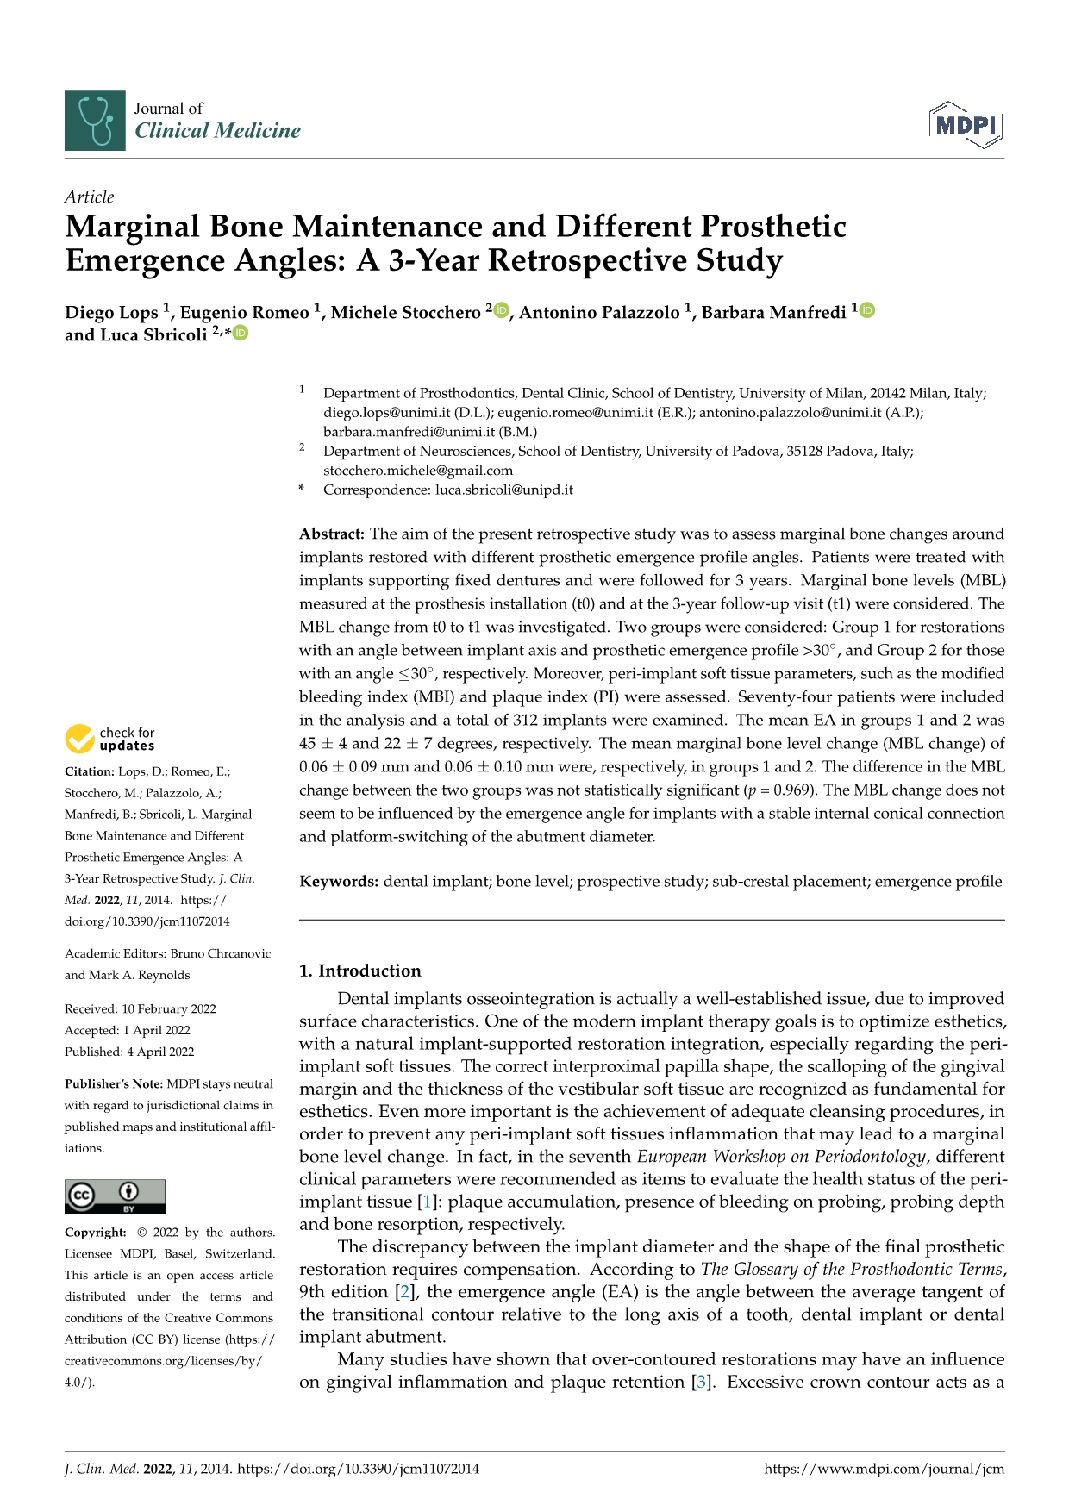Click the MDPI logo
pyautogui.click(x=966, y=124)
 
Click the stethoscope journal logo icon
pyautogui.click(x=95, y=121)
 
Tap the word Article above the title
pyautogui.click(x=89, y=197)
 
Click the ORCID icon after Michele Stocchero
pyautogui.click(x=502, y=310)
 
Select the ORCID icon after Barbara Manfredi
pyautogui.click(x=867, y=310)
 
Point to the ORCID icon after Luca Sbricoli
pyautogui.click(x=241, y=334)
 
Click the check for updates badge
pyautogui.click(x=110, y=739)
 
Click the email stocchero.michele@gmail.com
pyautogui.click(x=418, y=471)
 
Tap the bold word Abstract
pyautogui.click(x=332, y=534)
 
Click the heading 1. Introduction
pyautogui.click(x=359, y=971)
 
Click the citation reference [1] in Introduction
pyautogui.click(x=426, y=1202)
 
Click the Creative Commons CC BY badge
pyautogui.click(x=115, y=1197)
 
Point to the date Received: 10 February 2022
pyautogui.click(x=140, y=1008)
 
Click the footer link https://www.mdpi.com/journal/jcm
pyautogui.click(x=884, y=1469)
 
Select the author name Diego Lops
pyautogui.click(x=111, y=312)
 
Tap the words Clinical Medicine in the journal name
pyautogui.click(x=217, y=131)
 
